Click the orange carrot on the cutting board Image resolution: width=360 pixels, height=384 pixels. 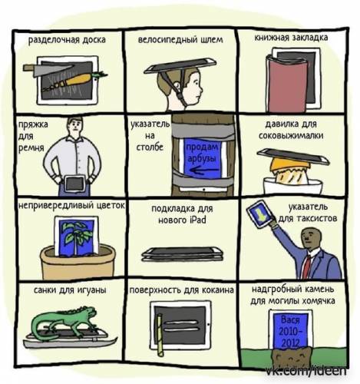tap(77, 80)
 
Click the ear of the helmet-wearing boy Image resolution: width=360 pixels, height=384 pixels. tap(177, 84)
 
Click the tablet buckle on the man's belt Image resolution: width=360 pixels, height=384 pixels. tap(74, 183)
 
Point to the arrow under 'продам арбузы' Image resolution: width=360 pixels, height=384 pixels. tap(205, 170)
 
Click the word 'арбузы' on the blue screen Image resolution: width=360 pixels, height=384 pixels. tap(202, 158)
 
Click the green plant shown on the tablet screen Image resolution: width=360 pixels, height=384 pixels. tap(77, 238)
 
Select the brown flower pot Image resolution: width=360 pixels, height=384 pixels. tap(78, 263)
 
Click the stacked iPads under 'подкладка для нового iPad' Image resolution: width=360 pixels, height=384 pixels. tap(182, 254)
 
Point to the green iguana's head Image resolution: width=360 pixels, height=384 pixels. tap(91, 313)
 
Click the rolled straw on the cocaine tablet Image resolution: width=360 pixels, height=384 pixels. tap(160, 336)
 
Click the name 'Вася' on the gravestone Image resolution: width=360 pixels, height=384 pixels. tap(290, 320)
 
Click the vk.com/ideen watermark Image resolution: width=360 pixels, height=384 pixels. tap(306, 371)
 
